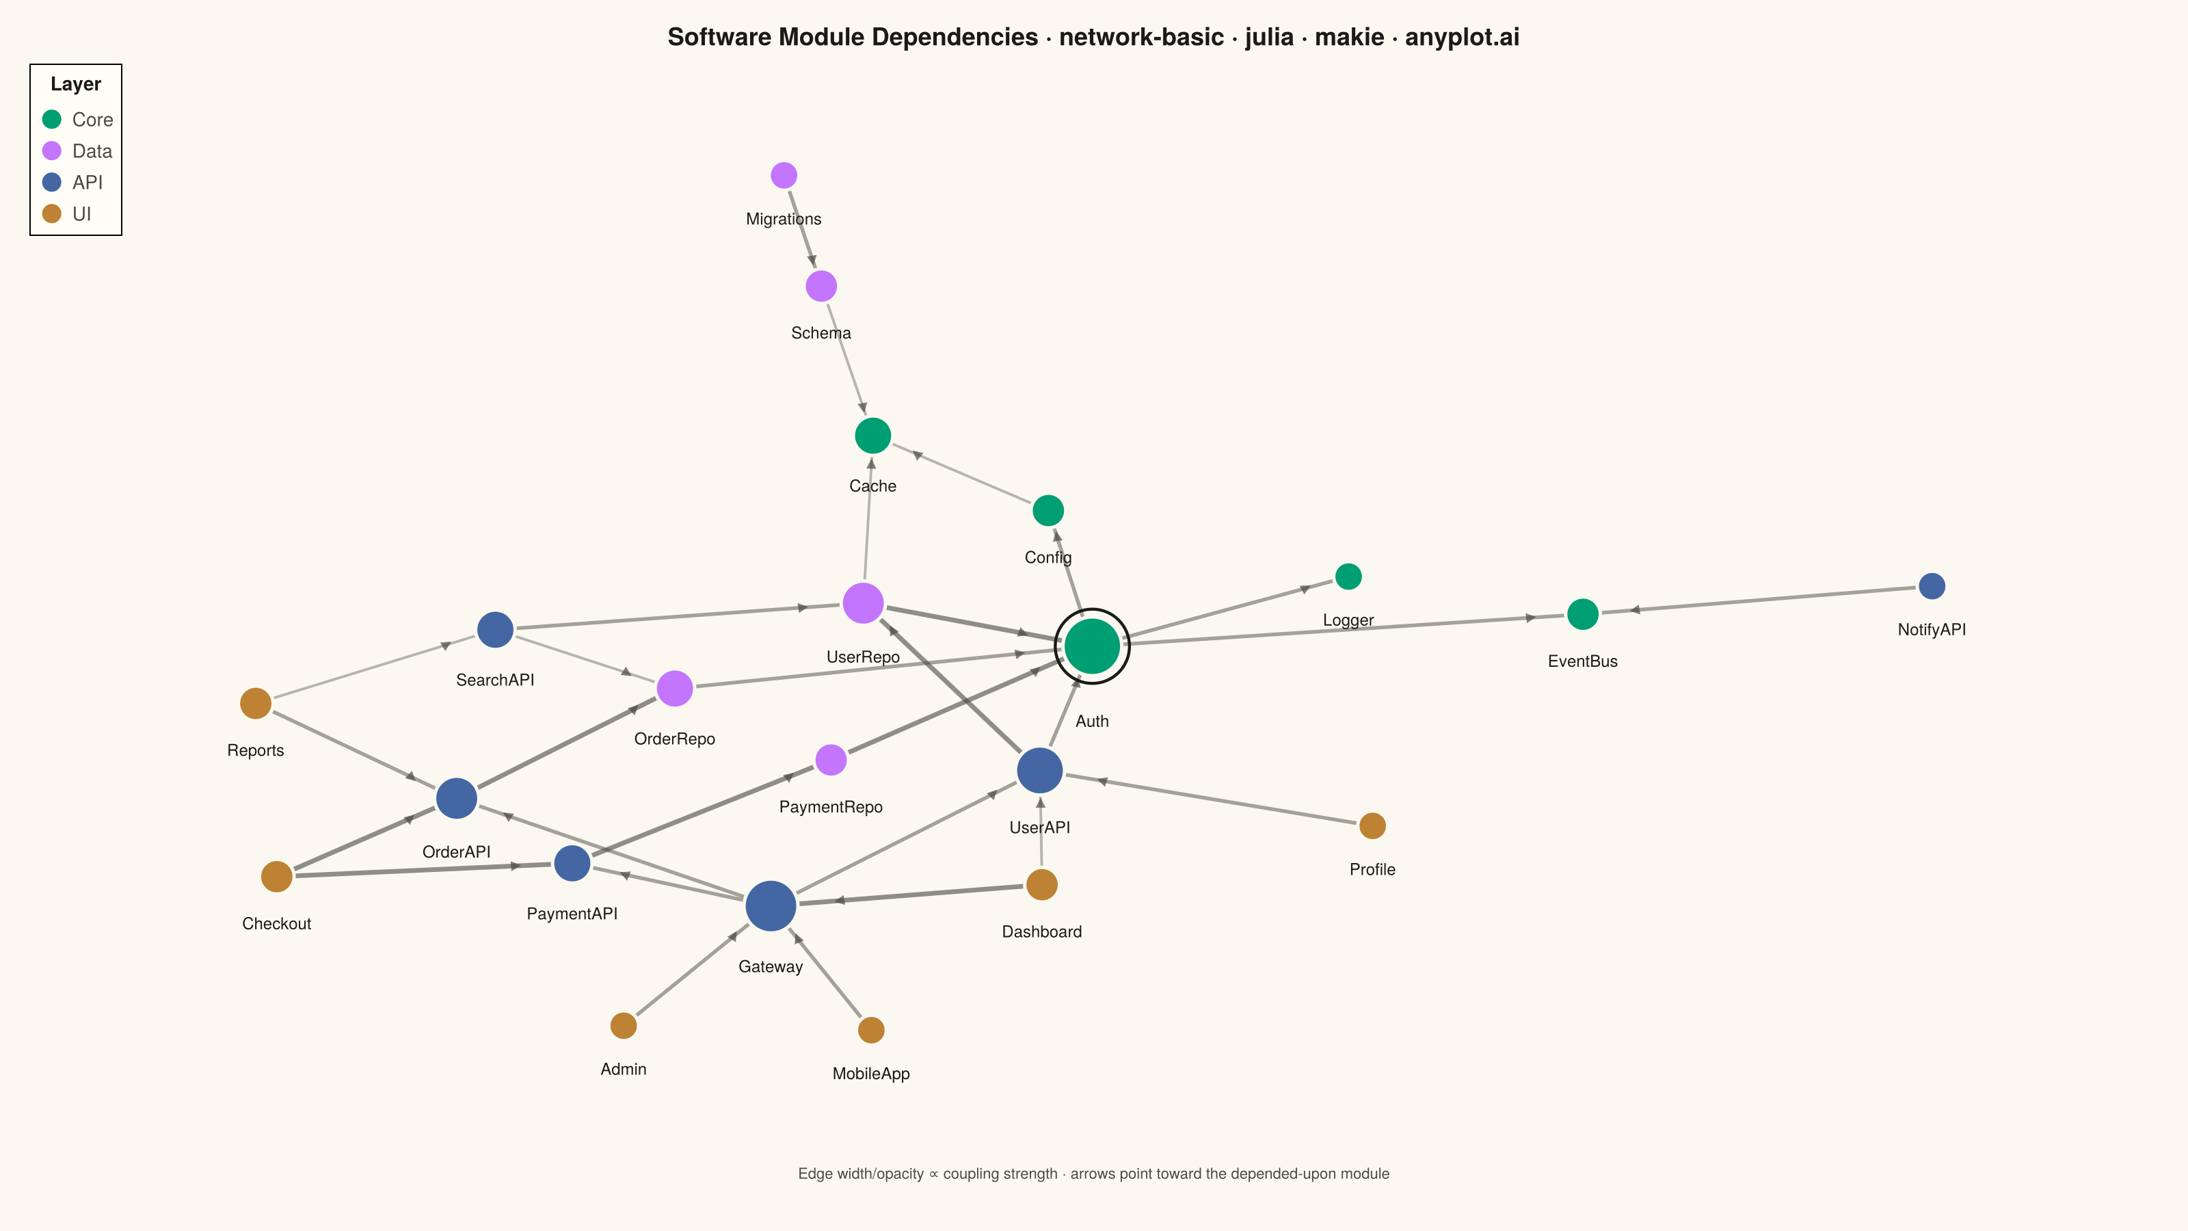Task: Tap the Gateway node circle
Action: coord(771,905)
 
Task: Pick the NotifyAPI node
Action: coord(1932,586)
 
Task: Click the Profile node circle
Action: coord(1372,825)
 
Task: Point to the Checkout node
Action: coord(276,877)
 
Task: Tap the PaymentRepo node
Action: coord(831,760)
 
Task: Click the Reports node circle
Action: coord(255,704)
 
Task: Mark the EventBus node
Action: coord(1582,614)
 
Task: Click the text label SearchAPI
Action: coord(495,680)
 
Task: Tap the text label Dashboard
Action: coord(1041,932)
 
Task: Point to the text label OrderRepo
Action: coord(674,739)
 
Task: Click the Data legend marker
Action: coord(52,151)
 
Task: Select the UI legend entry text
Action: coord(81,214)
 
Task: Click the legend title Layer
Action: coord(76,84)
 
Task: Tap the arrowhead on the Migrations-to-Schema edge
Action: coord(812,261)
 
